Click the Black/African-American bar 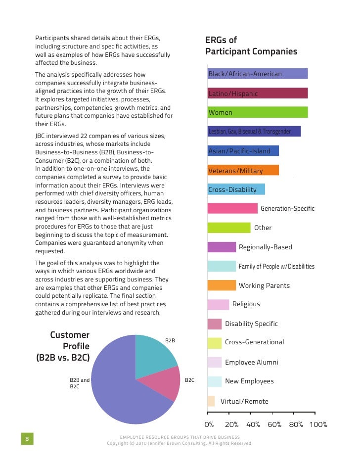(x=258, y=74)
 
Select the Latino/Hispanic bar (x=258, y=93)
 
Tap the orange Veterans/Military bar (x=243, y=171)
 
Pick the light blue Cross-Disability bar (x=236, y=189)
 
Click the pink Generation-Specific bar (x=232, y=208)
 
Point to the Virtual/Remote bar (x=211, y=401)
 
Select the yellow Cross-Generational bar (x=215, y=342)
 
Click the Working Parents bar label (x=264, y=285)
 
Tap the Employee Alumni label (x=251, y=362)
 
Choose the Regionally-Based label (x=265, y=247)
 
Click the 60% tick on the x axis (x=274, y=424)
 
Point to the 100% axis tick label (x=318, y=424)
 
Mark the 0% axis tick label (x=209, y=424)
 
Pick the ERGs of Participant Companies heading (x=251, y=46)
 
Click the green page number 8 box (x=27, y=439)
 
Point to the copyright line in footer (x=180, y=443)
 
